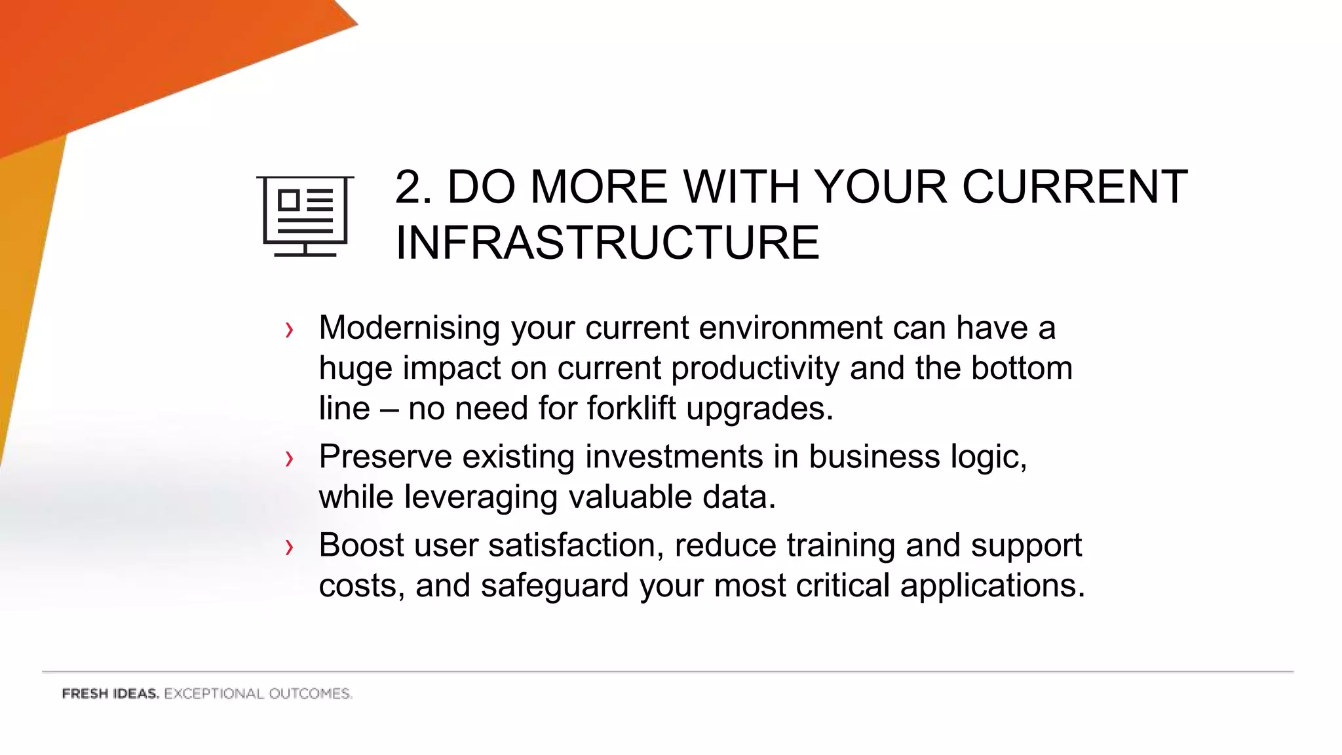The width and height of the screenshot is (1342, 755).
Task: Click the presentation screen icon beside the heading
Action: click(305, 216)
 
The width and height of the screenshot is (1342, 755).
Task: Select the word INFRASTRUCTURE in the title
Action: click(607, 242)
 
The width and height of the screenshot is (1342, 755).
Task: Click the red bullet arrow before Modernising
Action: click(289, 330)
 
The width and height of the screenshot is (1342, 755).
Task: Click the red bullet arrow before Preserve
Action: click(289, 459)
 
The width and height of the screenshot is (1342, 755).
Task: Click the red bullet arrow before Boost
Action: click(289, 547)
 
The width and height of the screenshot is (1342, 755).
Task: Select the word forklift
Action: click(631, 408)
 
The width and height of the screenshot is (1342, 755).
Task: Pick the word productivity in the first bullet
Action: click(755, 368)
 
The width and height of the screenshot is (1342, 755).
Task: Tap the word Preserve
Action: click(385, 457)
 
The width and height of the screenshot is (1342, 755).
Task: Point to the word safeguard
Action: click(554, 586)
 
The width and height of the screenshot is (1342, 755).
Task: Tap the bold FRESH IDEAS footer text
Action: click(110, 694)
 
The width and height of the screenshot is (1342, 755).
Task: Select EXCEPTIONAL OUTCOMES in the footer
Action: click(258, 694)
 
